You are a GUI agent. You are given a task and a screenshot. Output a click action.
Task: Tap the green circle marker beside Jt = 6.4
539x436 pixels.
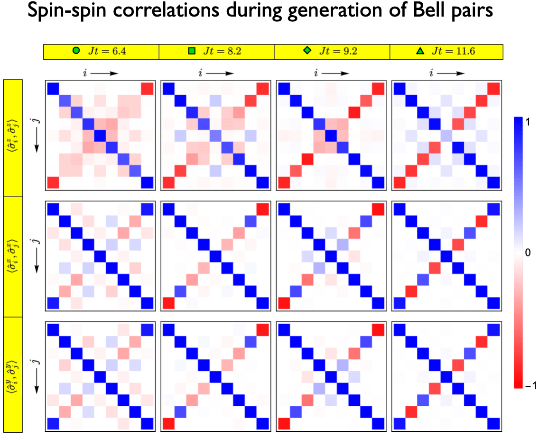[76, 51]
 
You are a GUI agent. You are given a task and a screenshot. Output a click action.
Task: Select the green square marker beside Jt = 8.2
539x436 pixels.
[192, 51]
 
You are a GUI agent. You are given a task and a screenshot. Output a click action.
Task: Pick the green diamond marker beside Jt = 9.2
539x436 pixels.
[307, 51]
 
